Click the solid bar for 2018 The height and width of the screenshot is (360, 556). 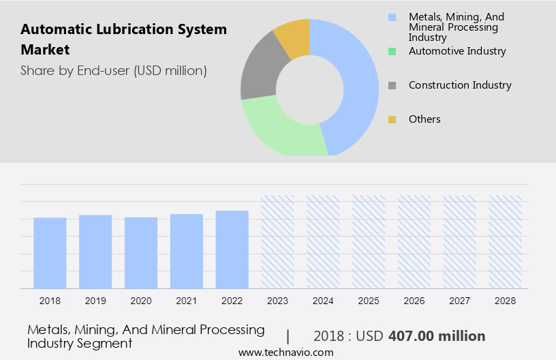coord(50,253)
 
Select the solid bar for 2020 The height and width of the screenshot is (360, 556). coord(141,253)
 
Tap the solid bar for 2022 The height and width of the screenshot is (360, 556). coord(232,250)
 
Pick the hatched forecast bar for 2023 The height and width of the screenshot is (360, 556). coord(278,242)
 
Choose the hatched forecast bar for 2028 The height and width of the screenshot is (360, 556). coord(506,242)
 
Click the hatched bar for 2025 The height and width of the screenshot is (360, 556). coord(369,242)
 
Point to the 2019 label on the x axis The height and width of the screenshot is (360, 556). coord(95,300)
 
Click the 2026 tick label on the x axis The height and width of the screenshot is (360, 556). coord(414,300)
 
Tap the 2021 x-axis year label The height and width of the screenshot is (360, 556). coord(187,300)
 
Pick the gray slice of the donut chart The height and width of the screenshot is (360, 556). coord(258,74)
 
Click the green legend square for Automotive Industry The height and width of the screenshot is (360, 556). coord(392,51)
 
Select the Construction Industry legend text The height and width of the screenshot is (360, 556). coord(460,85)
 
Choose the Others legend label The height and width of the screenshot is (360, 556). coord(424,119)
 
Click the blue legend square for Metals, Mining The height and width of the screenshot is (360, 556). coord(392,16)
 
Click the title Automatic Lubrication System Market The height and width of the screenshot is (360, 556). coord(123,40)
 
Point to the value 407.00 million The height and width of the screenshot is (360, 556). coord(437,336)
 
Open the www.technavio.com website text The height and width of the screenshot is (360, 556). coord(285,352)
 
